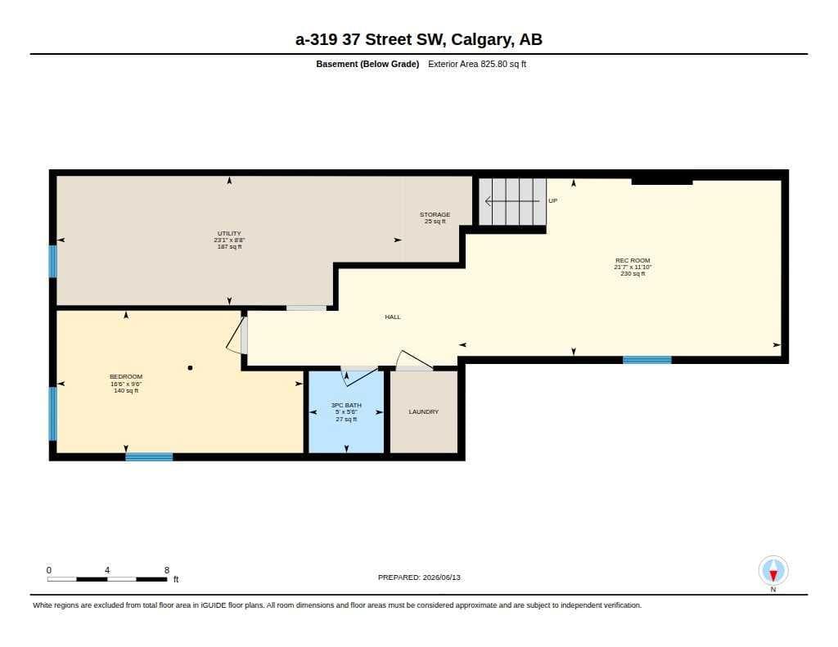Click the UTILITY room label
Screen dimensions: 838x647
(229, 233)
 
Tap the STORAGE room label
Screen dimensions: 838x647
(435, 214)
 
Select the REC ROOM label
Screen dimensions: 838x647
(633, 261)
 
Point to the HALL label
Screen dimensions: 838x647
(393, 317)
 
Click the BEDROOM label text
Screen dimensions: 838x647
(126, 376)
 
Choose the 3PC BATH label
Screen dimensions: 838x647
(346, 406)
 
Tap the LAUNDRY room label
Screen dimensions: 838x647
(424, 412)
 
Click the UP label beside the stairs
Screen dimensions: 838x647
(552, 201)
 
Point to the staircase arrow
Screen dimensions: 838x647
(512, 201)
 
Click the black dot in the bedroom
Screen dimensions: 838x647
(190, 367)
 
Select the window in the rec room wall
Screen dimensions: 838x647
(647, 360)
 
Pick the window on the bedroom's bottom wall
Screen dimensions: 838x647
(149, 456)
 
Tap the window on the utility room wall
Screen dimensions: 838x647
(53, 261)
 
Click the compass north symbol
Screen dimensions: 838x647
(773, 571)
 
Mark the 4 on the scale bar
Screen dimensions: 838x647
(107, 570)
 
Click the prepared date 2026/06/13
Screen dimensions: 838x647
(441, 577)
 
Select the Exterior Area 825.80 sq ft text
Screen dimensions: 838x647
(477, 64)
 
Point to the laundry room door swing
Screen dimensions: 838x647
(412, 360)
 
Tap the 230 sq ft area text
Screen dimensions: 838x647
(633, 273)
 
